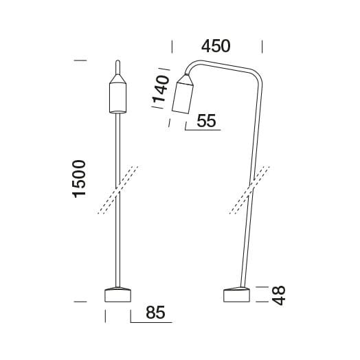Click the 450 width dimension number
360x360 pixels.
pyautogui.click(x=216, y=46)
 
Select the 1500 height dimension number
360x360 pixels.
pyautogui.click(x=79, y=179)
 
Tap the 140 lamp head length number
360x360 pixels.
pyautogui.click(x=161, y=89)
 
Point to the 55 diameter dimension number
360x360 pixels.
pyautogui.click(x=206, y=121)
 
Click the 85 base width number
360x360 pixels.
pyautogui.click(x=155, y=313)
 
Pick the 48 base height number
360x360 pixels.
pyautogui.click(x=278, y=295)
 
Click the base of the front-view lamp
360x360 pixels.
pyautogui.click(x=117, y=295)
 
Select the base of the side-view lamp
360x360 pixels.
pyautogui.click(x=236, y=295)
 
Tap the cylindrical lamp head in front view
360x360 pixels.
pyautogui.click(x=117, y=98)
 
